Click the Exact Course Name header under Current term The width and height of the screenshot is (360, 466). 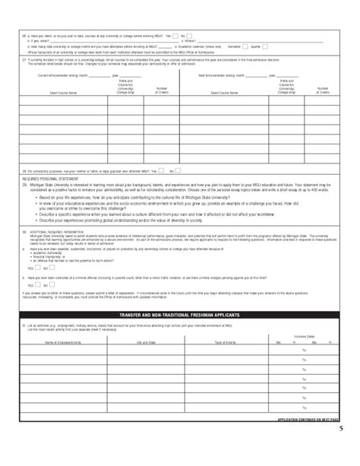coord(63,93)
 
